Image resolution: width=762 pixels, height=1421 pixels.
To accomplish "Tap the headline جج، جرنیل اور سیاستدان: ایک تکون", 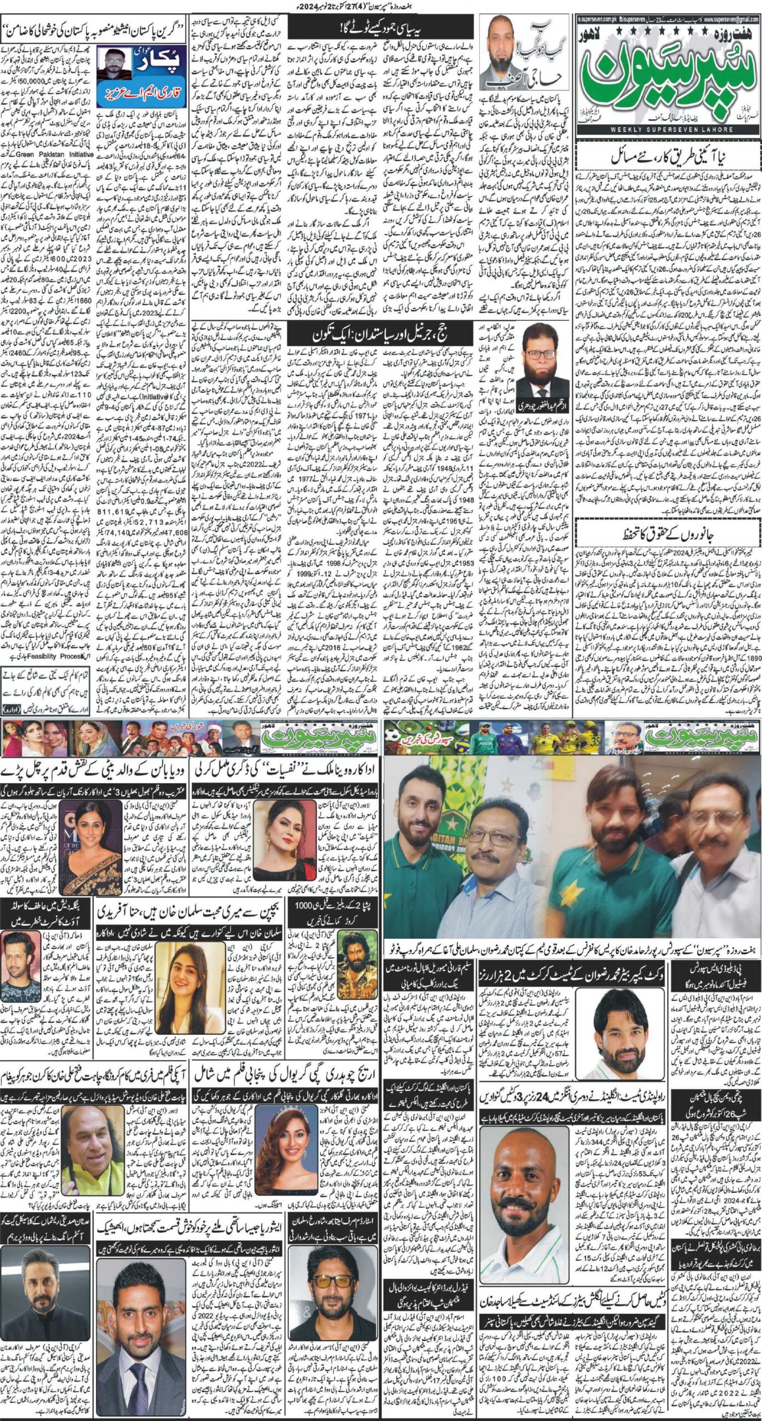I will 383,336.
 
